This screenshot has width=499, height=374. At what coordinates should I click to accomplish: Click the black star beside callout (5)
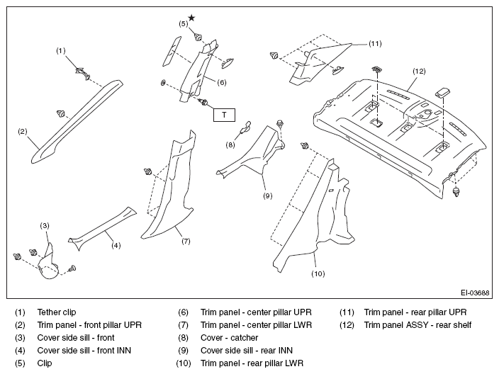[191, 18]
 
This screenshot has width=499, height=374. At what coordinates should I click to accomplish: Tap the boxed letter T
[224, 115]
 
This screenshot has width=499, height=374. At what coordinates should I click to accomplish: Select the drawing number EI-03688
[475, 293]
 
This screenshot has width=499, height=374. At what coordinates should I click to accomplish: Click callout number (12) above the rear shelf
[419, 72]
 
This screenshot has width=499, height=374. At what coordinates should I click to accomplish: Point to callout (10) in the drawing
[318, 273]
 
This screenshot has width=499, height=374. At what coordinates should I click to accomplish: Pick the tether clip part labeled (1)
[83, 73]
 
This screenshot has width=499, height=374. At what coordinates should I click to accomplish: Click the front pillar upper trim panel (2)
[77, 122]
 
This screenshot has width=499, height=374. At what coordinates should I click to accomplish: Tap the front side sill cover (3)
[47, 264]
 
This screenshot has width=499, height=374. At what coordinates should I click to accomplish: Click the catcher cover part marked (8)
[245, 127]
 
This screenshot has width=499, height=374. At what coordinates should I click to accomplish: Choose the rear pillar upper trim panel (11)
[318, 64]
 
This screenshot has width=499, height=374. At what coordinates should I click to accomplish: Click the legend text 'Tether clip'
[57, 312]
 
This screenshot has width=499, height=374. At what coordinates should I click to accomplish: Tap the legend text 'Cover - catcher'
[229, 338]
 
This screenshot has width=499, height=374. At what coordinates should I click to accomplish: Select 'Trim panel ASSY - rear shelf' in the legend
[417, 325]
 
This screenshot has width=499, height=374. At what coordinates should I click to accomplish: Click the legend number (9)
[184, 351]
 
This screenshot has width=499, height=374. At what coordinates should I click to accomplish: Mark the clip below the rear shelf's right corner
[456, 192]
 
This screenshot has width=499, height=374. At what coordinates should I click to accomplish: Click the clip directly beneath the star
[198, 37]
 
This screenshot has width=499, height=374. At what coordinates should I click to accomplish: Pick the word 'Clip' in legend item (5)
[45, 363]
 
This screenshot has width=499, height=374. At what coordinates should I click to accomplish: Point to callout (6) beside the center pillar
[221, 82]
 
